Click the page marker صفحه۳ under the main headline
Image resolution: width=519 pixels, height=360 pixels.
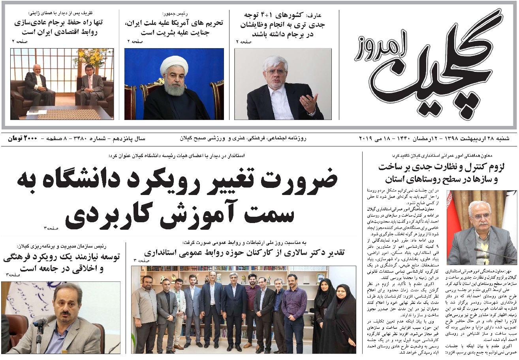[x=51, y=229]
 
